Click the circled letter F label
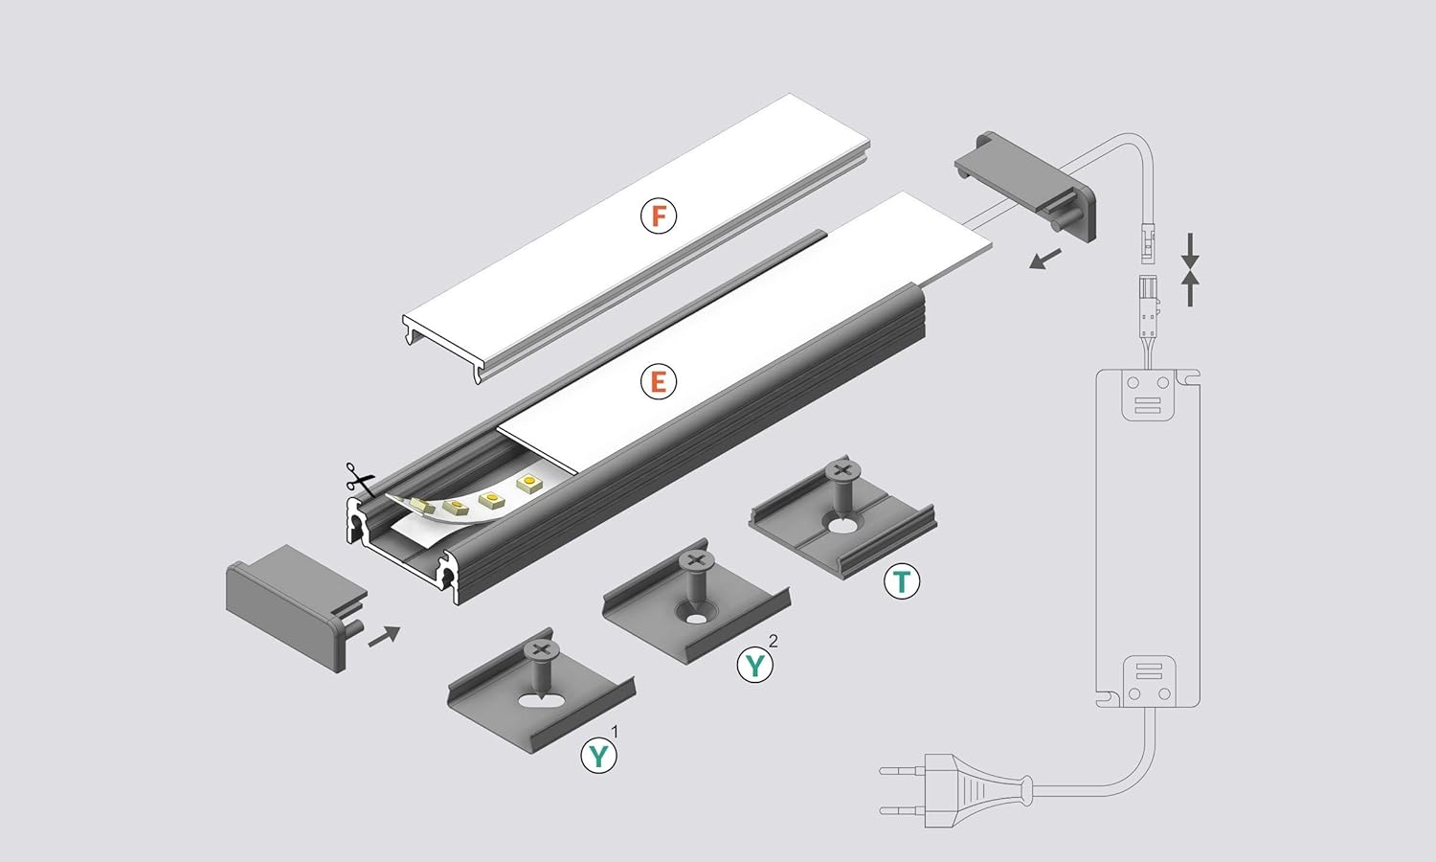[x=659, y=215]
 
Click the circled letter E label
[x=658, y=382]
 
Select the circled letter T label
[x=901, y=580]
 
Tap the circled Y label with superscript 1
[x=599, y=755]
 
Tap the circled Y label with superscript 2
[x=755, y=664]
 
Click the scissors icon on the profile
[x=359, y=478]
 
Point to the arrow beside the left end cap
[x=384, y=635]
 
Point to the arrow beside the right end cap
[x=1046, y=258]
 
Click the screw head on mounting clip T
[x=842, y=470]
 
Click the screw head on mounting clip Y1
[x=541, y=649]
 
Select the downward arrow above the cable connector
[x=1190, y=250]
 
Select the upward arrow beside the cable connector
[x=1190, y=288]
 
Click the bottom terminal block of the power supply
[x=1148, y=680]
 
